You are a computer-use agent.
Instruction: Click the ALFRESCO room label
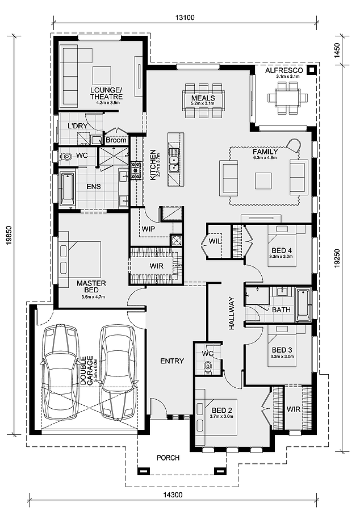pyautogui.click(x=284, y=70)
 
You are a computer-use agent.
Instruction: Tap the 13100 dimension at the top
pyautogui.click(x=185, y=17)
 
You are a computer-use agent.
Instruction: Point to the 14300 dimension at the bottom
pyautogui.click(x=173, y=504)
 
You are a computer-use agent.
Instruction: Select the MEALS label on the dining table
pyautogui.click(x=203, y=98)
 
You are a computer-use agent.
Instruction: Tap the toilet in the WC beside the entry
pyautogui.click(x=207, y=367)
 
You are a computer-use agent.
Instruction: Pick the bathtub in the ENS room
pyautogui.click(x=68, y=189)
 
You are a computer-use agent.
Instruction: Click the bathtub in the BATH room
pyautogui.click(x=303, y=305)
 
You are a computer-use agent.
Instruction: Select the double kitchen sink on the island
pyautogui.click(x=173, y=160)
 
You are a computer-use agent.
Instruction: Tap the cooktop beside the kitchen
pyautogui.click(x=135, y=170)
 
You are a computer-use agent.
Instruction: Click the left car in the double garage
pyautogui.click(x=61, y=372)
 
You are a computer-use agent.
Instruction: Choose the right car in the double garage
pyautogui.click(x=118, y=371)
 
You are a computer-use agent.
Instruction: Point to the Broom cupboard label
pyautogui.click(x=116, y=140)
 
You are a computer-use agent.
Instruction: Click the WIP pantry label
pyautogui.click(x=148, y=229)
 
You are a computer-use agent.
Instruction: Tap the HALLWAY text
pyautogui.click(x=232, y=313)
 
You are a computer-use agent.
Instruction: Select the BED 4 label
pyautogui.click(x=282, y=250)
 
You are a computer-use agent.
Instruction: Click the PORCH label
pyautogui.click(x=168, y=458)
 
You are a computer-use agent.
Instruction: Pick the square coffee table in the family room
pyautogui.click(x=263, y=181)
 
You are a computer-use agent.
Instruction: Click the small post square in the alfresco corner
pyautogui.click(x=312, y=69)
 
